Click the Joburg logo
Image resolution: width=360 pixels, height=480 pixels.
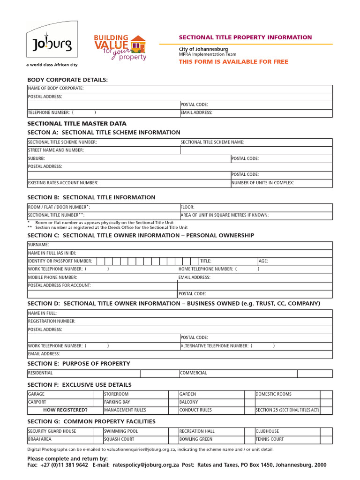pos(52,44)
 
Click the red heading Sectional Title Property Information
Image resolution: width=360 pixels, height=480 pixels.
pos(245,37)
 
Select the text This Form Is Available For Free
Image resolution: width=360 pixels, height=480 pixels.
pos(233,62)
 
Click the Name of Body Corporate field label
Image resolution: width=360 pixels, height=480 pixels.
pos(56,89)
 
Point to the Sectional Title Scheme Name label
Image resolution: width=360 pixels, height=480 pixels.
pos(212,142)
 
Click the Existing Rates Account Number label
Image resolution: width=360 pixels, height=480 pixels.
pos(63,183)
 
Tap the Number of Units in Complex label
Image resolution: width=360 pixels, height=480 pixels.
pos(263,183)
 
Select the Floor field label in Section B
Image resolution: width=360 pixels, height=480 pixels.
pos(187,207)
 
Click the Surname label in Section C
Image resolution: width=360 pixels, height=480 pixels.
pos(38,245)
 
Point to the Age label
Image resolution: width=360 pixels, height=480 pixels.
pos(263,261)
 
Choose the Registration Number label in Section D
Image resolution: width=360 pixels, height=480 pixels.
pos(52,321)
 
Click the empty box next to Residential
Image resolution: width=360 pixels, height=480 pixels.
pos(159,373)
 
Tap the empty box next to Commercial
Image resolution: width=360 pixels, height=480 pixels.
pos(315,373)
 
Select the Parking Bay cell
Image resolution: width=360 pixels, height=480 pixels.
pos(117,402)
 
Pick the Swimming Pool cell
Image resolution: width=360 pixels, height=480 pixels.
pos(121,431)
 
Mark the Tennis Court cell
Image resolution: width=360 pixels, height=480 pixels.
pos(270,439)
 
